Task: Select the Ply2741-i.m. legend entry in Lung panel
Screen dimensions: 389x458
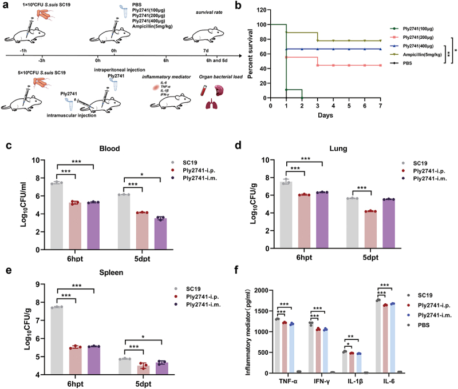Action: click(426, 179)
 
